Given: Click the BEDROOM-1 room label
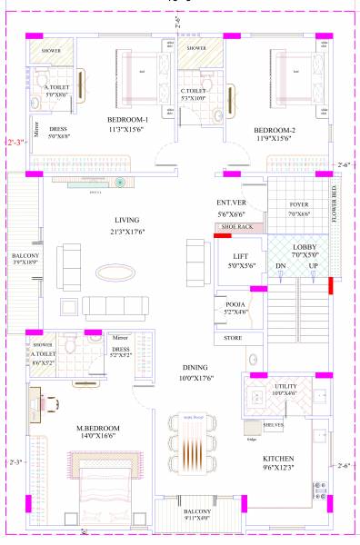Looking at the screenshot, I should point(127,119).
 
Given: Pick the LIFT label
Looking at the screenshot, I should point(241,257).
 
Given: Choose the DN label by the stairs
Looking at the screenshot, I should point(282,265).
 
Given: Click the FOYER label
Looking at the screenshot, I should point(299,204).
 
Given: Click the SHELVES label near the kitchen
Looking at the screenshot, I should point(274,424).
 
